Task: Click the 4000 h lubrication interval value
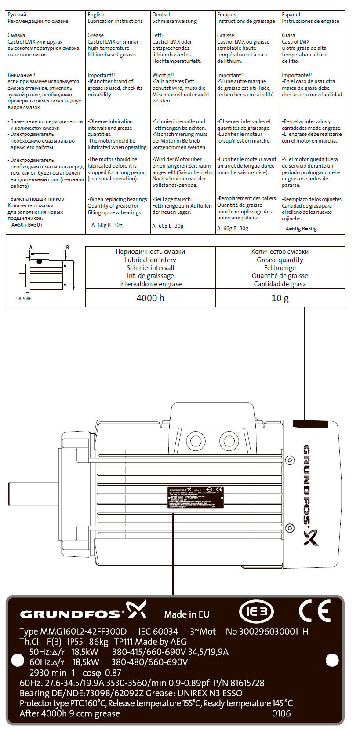(150, 298)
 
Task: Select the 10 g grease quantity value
(280, 298)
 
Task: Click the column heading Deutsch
(162, 15)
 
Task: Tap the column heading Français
(226, 15)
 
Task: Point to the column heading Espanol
(291, 15)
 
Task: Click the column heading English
(96, 15)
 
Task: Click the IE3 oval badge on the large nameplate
(256, 611)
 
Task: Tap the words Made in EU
(187, 614)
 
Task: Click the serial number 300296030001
(262, 632)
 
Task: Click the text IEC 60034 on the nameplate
(158, 632)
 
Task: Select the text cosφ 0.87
(102, 673)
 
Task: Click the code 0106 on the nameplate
(281, 713)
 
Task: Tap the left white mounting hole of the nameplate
(17, 660)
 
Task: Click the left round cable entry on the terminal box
(194, 440)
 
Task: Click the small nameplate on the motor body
(196, 498)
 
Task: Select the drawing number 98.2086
(24, 299)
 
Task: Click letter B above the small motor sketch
(67, 247)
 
